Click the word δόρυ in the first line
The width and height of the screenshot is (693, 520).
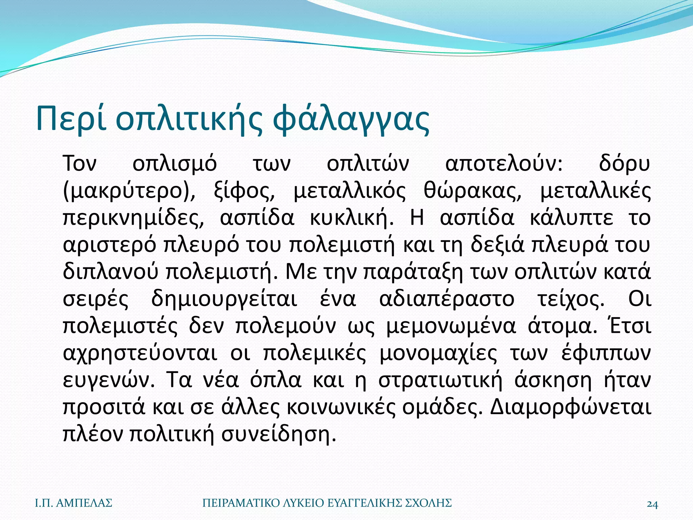point(624,164)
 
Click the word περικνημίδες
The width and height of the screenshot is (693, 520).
point(134,218)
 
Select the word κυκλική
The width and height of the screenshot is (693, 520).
point(352,218)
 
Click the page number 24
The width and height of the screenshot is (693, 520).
point(652,504)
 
